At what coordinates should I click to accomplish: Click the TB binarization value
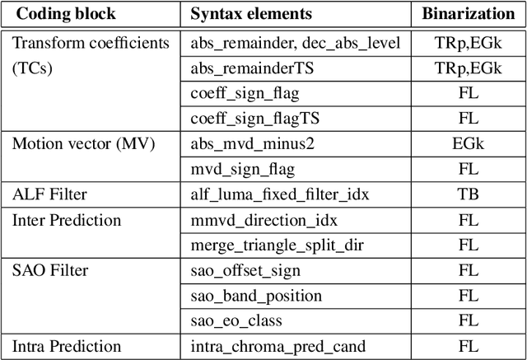[x=468, y=195]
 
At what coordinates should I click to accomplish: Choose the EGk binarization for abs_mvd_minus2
[x=468, y=144]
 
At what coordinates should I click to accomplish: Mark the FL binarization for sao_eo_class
[x=468, y=320]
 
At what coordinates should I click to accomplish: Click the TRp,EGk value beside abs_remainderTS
[x=468, y=68]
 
